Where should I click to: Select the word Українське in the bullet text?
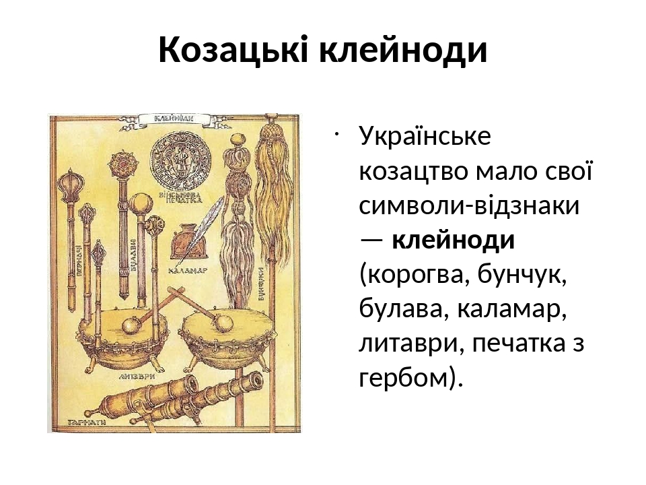(x=426, y=136)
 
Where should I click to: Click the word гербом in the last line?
(x=402, y=378)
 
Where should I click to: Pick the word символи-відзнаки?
(x=470, y=205)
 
